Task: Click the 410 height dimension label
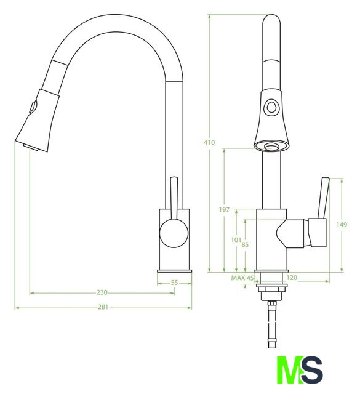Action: pos(209,142)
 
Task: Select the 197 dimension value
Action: pos(224,209)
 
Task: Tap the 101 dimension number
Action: pos(236,240)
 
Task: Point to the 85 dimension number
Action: pos(245,244)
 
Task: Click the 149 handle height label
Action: pos(342,224)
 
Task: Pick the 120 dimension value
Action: pos(292,278)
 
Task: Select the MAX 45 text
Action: pos(242,278)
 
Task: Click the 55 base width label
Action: pos(174,283)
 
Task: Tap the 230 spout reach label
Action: pos(102,292)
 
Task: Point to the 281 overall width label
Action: pos(103,307)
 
